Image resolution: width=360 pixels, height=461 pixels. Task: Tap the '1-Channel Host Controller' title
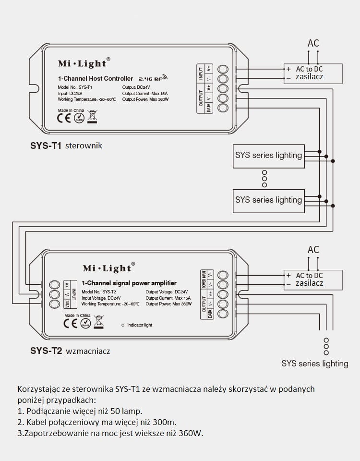point(95,79)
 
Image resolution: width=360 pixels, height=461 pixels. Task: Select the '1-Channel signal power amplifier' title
point(129,283)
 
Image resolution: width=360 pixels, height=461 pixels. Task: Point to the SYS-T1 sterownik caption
point(66,146)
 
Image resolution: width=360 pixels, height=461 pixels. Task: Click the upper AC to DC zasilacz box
point(313,73)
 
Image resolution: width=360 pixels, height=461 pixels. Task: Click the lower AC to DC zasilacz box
point(313,279)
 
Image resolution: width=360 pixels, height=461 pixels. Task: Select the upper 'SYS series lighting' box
point(268,156)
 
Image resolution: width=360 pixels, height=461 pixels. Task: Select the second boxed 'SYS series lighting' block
point(268,200)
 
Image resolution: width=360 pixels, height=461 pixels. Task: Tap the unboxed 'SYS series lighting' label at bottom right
point(315,364)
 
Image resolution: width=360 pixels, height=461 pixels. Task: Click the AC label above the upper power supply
point(313,44)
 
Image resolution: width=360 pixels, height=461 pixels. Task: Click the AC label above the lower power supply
point(313,250)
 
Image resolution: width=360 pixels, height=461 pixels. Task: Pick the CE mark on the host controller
point(64,119)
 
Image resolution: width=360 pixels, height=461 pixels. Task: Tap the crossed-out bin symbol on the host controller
point(92,115)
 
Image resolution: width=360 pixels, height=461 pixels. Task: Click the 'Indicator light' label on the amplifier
point(139,325)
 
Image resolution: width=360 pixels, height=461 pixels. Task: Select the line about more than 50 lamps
point(80,411)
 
